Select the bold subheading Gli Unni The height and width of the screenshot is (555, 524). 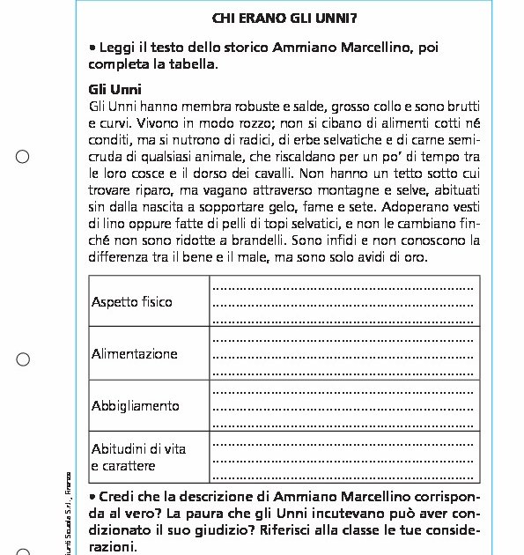(115, 89)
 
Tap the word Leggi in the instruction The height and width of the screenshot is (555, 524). (117, 48)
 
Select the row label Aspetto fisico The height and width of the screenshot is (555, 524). (132, 302)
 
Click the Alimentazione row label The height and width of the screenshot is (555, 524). (135, 353)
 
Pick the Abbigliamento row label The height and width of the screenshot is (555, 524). (136, 405)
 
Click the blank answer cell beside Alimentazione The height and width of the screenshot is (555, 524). (343, 353)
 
